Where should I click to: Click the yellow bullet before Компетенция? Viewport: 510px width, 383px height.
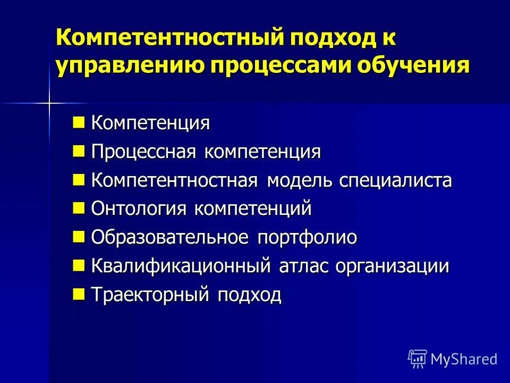[x=79, y=123]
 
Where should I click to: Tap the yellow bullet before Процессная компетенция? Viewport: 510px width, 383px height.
[x=79, y=152]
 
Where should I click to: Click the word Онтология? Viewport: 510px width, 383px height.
[x=139, y=209]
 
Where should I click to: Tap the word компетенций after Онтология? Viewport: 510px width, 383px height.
[x=252, y=209]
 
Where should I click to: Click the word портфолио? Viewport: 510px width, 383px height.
[x=307, y=237]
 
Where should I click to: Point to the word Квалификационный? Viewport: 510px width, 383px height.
[x=182, y=266]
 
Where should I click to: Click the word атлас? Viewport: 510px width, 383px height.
[x=305, y=266]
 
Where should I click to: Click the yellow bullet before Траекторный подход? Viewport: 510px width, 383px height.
[x=79, y=293]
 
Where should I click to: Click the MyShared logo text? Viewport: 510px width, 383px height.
[x=463, y=359]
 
